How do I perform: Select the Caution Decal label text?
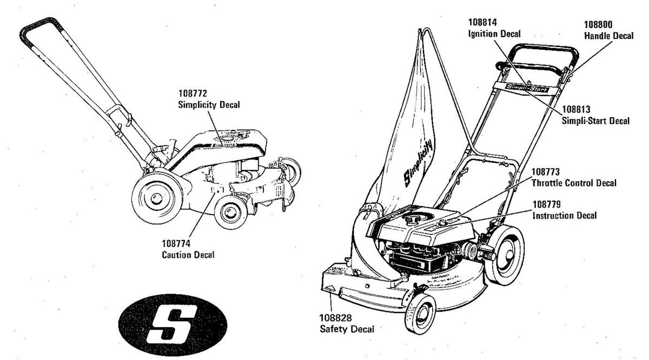tap(188, 255)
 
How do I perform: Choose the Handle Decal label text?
tap(608, 36)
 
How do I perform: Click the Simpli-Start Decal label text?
tap(596, 121)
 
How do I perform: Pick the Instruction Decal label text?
tap(565, 215)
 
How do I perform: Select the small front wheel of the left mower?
tap(230, 211)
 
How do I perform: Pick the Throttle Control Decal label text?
tap(574, 183)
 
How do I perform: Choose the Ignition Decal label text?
tap(494, 34)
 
